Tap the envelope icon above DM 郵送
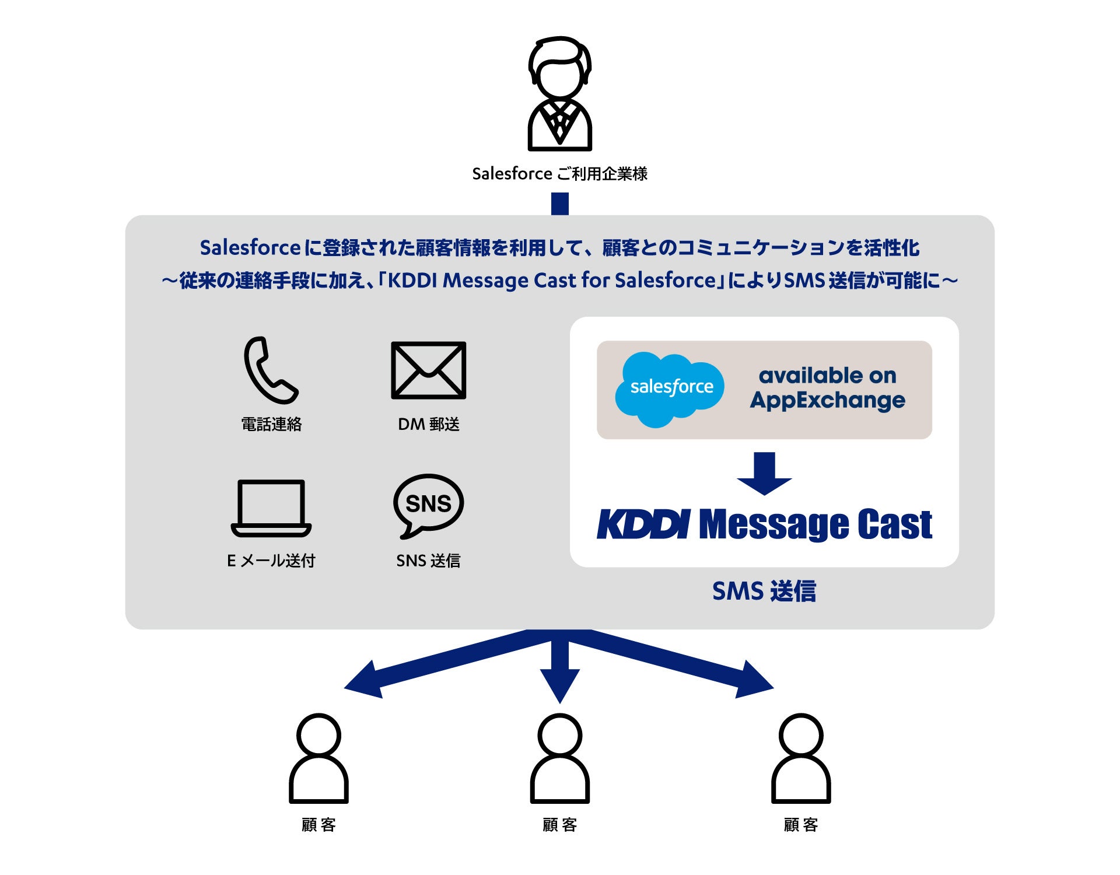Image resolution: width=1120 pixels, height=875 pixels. point(428,370)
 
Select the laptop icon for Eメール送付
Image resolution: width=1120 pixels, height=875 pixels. point(271,508)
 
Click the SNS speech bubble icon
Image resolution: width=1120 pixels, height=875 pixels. point(428,505)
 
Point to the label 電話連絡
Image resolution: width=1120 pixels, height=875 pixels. point(271,424)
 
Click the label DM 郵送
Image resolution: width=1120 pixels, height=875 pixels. point(428,424)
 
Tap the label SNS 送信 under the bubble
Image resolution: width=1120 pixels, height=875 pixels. point(428,561)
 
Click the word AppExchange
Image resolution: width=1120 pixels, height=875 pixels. point(827,401)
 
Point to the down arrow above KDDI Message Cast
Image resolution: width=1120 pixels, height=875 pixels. point(764,474)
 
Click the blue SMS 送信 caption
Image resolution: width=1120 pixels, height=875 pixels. point(764,591)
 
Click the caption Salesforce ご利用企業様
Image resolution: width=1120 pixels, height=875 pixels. point(559,174)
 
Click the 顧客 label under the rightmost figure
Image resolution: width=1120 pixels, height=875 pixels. point(800,825)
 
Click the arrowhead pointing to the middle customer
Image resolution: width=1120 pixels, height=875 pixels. point(559,685)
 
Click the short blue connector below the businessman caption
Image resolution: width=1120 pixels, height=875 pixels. point(559,204)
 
